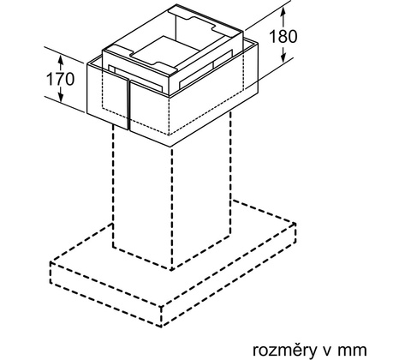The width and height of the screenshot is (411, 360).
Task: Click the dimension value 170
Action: click(x=60, y=79)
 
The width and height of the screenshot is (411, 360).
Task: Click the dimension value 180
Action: click(x=283, y=36)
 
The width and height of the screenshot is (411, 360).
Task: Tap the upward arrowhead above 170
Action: click(x=60, y=60)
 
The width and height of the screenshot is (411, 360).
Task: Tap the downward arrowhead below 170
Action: click(x=60, y=97)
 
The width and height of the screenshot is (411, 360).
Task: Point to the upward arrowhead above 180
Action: click(x=283, y=12)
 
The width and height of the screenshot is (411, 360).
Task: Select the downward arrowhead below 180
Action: click(x=283, y=57)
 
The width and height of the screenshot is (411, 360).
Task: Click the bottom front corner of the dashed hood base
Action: click(x=162, y=326)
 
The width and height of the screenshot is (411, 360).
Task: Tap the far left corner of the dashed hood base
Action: click(x=51, y=262)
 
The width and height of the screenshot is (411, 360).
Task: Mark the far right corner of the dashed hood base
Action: click(x=295, y=224)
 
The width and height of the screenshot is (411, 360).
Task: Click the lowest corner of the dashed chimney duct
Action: click(x=171, y=269)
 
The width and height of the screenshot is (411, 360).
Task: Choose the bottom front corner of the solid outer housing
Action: click(x=170, y=147)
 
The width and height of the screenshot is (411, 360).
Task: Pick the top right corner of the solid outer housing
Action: click(x=258, y=43)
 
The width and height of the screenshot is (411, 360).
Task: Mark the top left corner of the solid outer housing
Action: click(x=87, y=64)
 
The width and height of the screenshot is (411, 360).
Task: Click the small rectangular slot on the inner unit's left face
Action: click(x=111, y=69)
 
